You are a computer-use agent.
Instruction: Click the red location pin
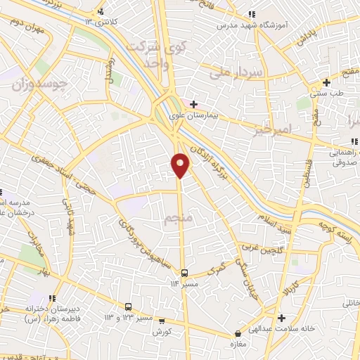180,165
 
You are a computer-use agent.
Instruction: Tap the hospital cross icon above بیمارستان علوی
193,104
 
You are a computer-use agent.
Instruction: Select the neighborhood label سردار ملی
236,72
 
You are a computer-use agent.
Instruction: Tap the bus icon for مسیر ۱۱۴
184,273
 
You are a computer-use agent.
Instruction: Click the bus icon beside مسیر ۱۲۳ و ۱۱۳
128,307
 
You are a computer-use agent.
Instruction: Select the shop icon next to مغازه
238,333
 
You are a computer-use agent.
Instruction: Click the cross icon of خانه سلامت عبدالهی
281,318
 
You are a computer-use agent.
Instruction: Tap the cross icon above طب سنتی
326,82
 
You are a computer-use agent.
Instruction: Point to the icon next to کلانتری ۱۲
101,11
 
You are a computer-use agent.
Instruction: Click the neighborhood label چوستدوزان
40,85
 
